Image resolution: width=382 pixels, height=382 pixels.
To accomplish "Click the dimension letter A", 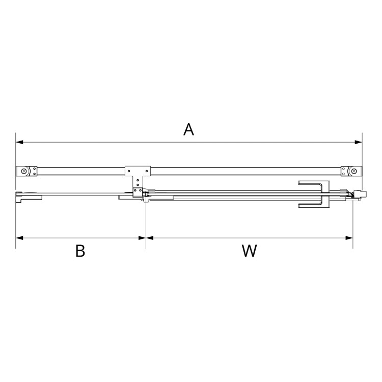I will [x=189, y=130].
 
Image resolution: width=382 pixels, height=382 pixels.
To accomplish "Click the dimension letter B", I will [x=80, y=251].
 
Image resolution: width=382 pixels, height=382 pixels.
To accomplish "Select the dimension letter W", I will [x=249, y=251].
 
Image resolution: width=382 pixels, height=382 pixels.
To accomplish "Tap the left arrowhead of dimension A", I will [x=19, y=142].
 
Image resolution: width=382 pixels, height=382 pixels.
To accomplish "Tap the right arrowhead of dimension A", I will [x=359, y=142].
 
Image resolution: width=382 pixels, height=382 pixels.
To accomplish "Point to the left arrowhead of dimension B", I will [x=19, y=237].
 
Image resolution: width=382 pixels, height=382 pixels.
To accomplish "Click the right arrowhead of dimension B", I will [x=143, y=237].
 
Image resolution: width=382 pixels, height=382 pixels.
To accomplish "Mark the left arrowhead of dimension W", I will [x=149, y=237].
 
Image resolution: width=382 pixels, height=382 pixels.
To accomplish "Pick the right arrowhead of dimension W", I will [x=349, y=237].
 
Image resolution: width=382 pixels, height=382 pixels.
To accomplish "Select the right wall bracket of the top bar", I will [x=351, y=171].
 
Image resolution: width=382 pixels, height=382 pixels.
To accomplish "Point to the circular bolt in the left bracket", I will [x=24, y=171].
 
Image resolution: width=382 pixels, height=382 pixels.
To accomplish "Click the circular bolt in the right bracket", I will [x=353, y=171].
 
